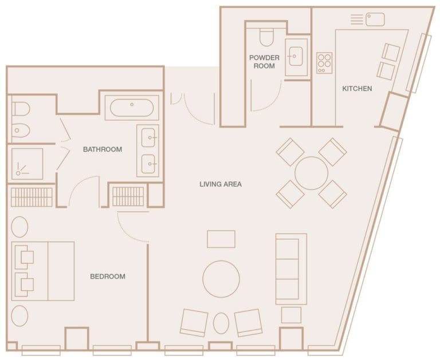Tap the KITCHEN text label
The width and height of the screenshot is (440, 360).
point(357,89)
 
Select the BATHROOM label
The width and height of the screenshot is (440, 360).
point(103,149)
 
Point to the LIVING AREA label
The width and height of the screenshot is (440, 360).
point(221,184)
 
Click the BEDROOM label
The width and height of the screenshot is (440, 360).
point(107,276)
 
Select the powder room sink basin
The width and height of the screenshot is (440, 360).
point(296,56)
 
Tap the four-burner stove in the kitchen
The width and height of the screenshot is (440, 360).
point(324,62)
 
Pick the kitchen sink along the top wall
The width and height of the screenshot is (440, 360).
point(375,19)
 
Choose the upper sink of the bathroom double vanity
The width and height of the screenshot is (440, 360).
point(148,138)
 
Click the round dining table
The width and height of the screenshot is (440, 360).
point(311,173)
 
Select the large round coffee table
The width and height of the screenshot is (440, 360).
point(221,279)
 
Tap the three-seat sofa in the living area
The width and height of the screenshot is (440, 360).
point(290,268)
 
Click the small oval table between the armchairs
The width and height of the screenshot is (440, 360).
point(221,323)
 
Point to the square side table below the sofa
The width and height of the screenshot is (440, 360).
point(290,315)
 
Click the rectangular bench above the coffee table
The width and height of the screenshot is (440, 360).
point(221,239)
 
